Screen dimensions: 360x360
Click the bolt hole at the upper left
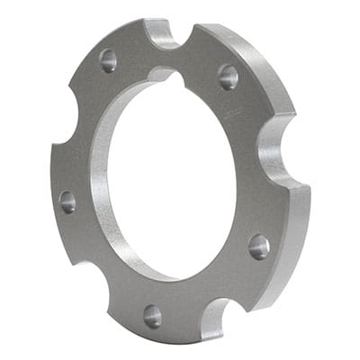108,60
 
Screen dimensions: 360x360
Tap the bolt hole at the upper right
228,76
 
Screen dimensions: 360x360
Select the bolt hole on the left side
67,201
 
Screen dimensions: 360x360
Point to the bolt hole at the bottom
152,315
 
